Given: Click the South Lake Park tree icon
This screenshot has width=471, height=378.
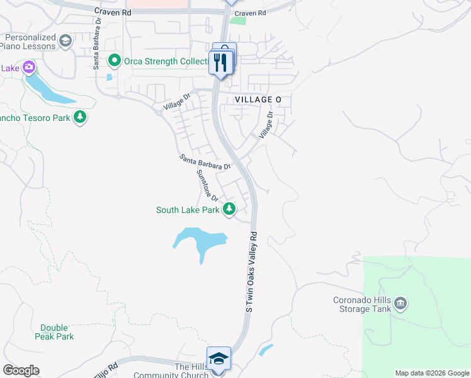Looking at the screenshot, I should coord(230,210).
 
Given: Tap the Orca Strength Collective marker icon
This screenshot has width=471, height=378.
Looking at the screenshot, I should coord(115,61).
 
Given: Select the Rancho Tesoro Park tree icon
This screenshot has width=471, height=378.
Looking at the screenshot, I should coord(80,117).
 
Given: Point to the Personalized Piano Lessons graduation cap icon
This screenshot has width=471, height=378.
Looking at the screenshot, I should coord(65,42).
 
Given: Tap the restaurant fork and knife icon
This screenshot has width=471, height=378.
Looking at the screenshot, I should coord(220,62).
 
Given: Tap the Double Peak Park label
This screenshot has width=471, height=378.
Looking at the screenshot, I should coord(57,332).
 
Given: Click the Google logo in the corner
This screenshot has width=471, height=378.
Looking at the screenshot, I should coord(21,370).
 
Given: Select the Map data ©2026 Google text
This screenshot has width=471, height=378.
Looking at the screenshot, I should coord(433,373).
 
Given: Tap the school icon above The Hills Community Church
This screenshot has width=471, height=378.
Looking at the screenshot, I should coord(218,358).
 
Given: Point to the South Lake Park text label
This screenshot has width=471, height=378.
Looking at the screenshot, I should coord(188,210).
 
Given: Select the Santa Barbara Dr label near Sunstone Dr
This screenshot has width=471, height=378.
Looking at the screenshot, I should coord(205,162).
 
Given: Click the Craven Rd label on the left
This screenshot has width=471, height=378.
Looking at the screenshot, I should coord(113,12).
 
